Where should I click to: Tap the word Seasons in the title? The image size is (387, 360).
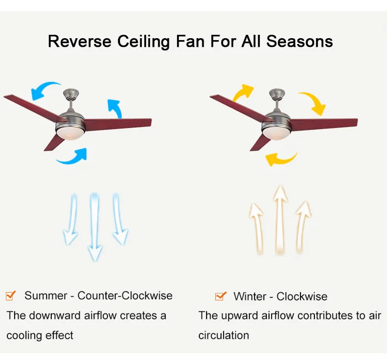(299, 42)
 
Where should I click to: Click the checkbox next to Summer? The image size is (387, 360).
(11, 295)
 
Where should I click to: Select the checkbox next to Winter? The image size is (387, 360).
(220, 296)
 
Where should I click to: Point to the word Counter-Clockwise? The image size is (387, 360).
(125, 295)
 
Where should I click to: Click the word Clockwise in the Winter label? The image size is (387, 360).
(302, 296)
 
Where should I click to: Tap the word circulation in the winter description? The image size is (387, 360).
(223, 335)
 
